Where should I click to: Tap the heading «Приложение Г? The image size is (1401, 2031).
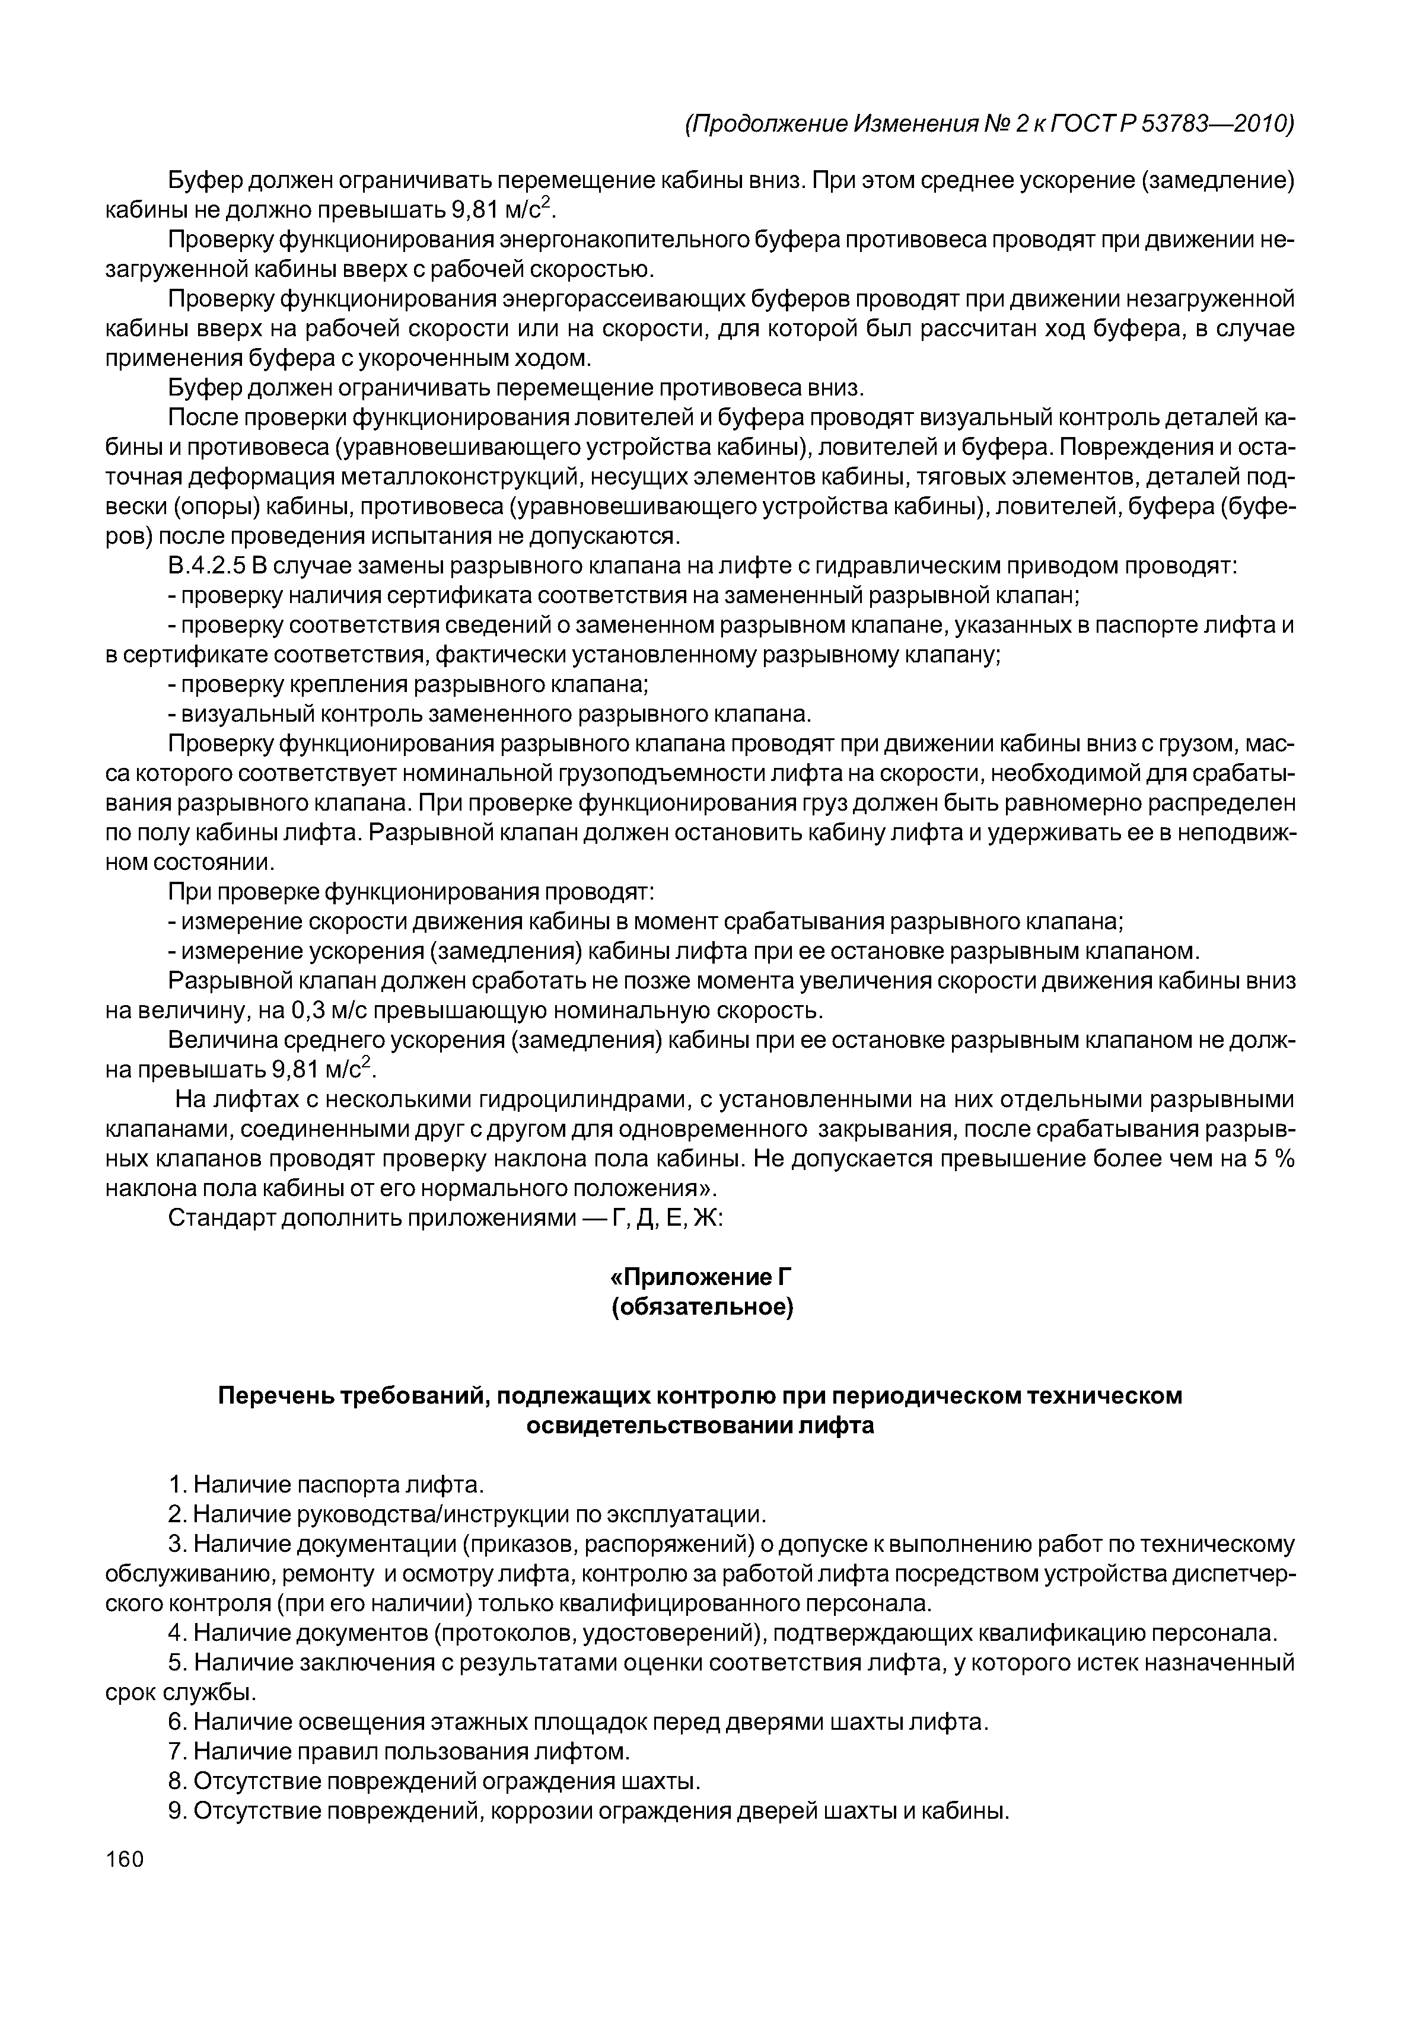pos(701,1277)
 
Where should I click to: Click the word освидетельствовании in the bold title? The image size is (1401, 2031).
pos(658,1426)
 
